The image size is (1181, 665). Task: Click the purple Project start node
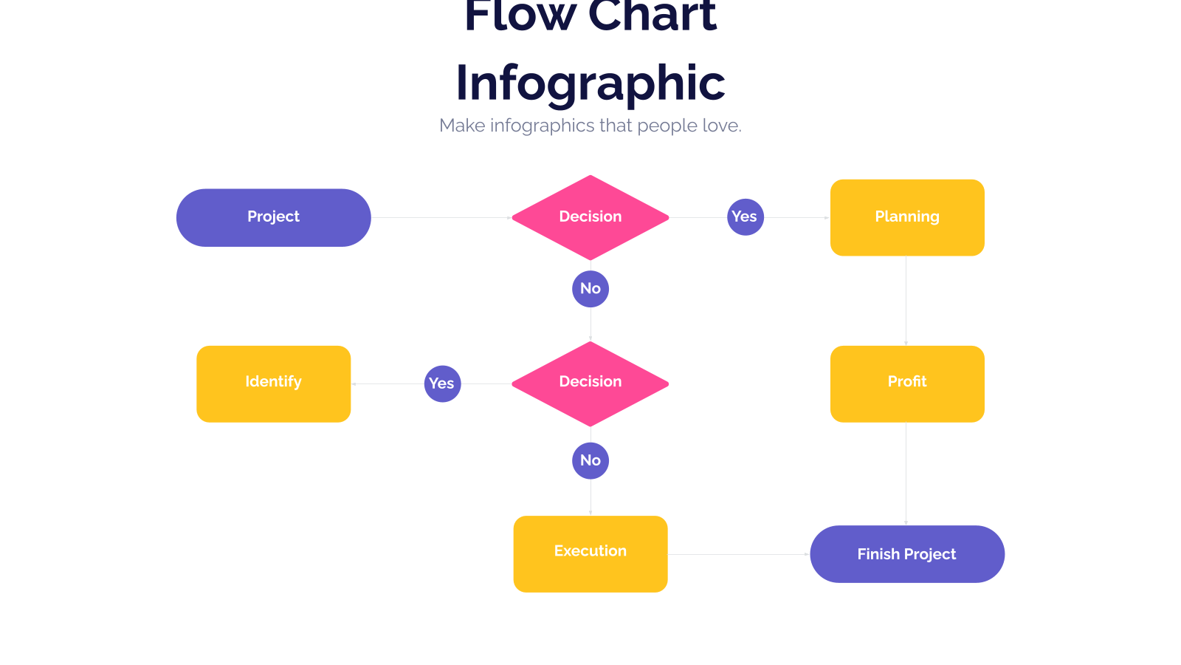pyautogui.click(x=274, y=217)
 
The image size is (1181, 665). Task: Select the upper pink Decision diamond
pyautogui.click(x=590, y=217)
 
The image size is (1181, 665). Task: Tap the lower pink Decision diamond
pyautogui.click(x=590, y=383)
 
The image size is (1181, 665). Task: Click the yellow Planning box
pyautogui.click(x=907, y=217)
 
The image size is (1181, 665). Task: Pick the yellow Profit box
pyautogui.click(x=907, y=383)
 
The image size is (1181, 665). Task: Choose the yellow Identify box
pyautogui.click(x=274, y=383)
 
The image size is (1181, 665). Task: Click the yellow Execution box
pyautogui.click(x=590, y=553)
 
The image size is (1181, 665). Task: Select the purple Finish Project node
pyautogui.click(x=907, y=553)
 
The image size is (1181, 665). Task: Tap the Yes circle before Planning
pyautogui.click(x=746, y=217)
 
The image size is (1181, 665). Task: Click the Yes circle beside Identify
pyautogui.click(x=443, y=383)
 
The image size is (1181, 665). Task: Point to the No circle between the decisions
pyautogui.click(x=590, y=289)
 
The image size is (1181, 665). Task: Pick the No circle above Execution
pyautogui.click(x=590, y=461)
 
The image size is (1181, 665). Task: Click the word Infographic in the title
pyautogui.click(x=590, y=84)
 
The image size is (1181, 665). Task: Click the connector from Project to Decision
pyautogui.click(x=441, y=217)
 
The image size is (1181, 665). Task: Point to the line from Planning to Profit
pyautogui.click(x=906, y=301)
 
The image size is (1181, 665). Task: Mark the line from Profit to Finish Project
pyautogui.click(x=906, y=474)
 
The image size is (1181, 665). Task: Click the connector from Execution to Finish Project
pyautogui.click(x=739, y=554)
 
